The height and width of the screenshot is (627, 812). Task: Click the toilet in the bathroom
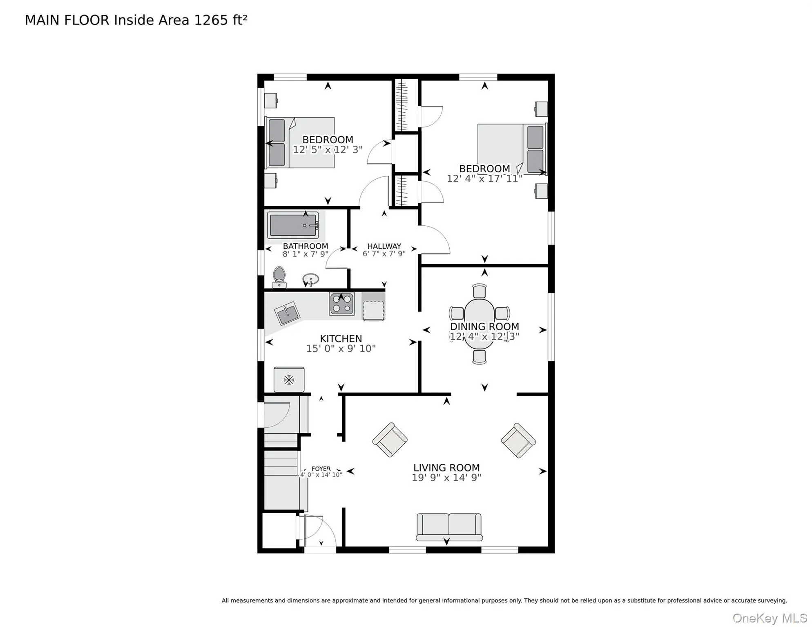pyautogui.click(x=279, y=277)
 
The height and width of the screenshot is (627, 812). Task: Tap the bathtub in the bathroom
pyautogui.click(x=293, y=225)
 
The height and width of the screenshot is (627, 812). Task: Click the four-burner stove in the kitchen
pyautogui.click(x=342, y=304)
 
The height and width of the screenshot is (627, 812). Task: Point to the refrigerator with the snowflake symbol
pyautogui.click(x=289, y=380)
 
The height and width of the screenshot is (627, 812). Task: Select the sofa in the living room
pyautogui.click(x=449, y=527)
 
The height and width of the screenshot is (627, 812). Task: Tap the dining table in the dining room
pyautogui.click(x=480, y=324)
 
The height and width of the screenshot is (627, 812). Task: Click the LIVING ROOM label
pyautogui.click(x=446, y=468)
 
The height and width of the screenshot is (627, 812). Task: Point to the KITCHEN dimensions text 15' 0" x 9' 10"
pyautogui.click(x=341, y=349)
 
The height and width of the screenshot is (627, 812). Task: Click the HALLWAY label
pyautogui.click(x=384, y=246)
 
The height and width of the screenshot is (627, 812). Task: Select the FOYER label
pyautogui.click(x=321, y=469)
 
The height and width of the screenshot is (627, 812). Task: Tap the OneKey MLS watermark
pyautogui.click(x=770, y=618)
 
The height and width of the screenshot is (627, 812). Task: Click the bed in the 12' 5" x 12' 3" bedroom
pyautogui.click(x=300, y=142)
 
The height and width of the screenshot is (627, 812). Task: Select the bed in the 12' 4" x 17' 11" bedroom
pyautogui.click(x=512, y=149)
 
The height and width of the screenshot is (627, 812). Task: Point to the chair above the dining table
pyautogui.click(x=480, y=291)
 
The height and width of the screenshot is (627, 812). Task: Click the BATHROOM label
pyautogui.click(x=306, y=246)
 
